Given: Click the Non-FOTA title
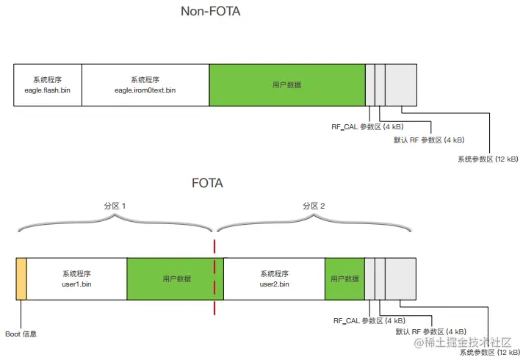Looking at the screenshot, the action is pos(210,12).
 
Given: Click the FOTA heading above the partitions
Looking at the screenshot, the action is pos(206,183).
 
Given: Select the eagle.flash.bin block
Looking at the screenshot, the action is pos(47,84).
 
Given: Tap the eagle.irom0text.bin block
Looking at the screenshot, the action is pos(145,84).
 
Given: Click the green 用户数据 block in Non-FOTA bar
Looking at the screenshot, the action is pos(287,84).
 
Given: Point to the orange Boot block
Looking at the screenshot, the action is pos(21,278).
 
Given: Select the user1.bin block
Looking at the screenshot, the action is pos(76,278).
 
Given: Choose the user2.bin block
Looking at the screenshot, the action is pos(274,278).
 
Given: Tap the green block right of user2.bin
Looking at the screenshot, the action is pos(345,278).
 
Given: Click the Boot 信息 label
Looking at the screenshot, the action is pos(21,334).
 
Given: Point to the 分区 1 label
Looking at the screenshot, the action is pos(115,206).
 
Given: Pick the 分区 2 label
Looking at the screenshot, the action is pos(314,206).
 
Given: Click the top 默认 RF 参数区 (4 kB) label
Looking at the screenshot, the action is pos(429,140).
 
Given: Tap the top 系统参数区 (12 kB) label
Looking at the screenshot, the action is pos(487,159).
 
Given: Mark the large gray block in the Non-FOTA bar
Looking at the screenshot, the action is pos(400,84).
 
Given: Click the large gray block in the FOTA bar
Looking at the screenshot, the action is pos(400,278).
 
